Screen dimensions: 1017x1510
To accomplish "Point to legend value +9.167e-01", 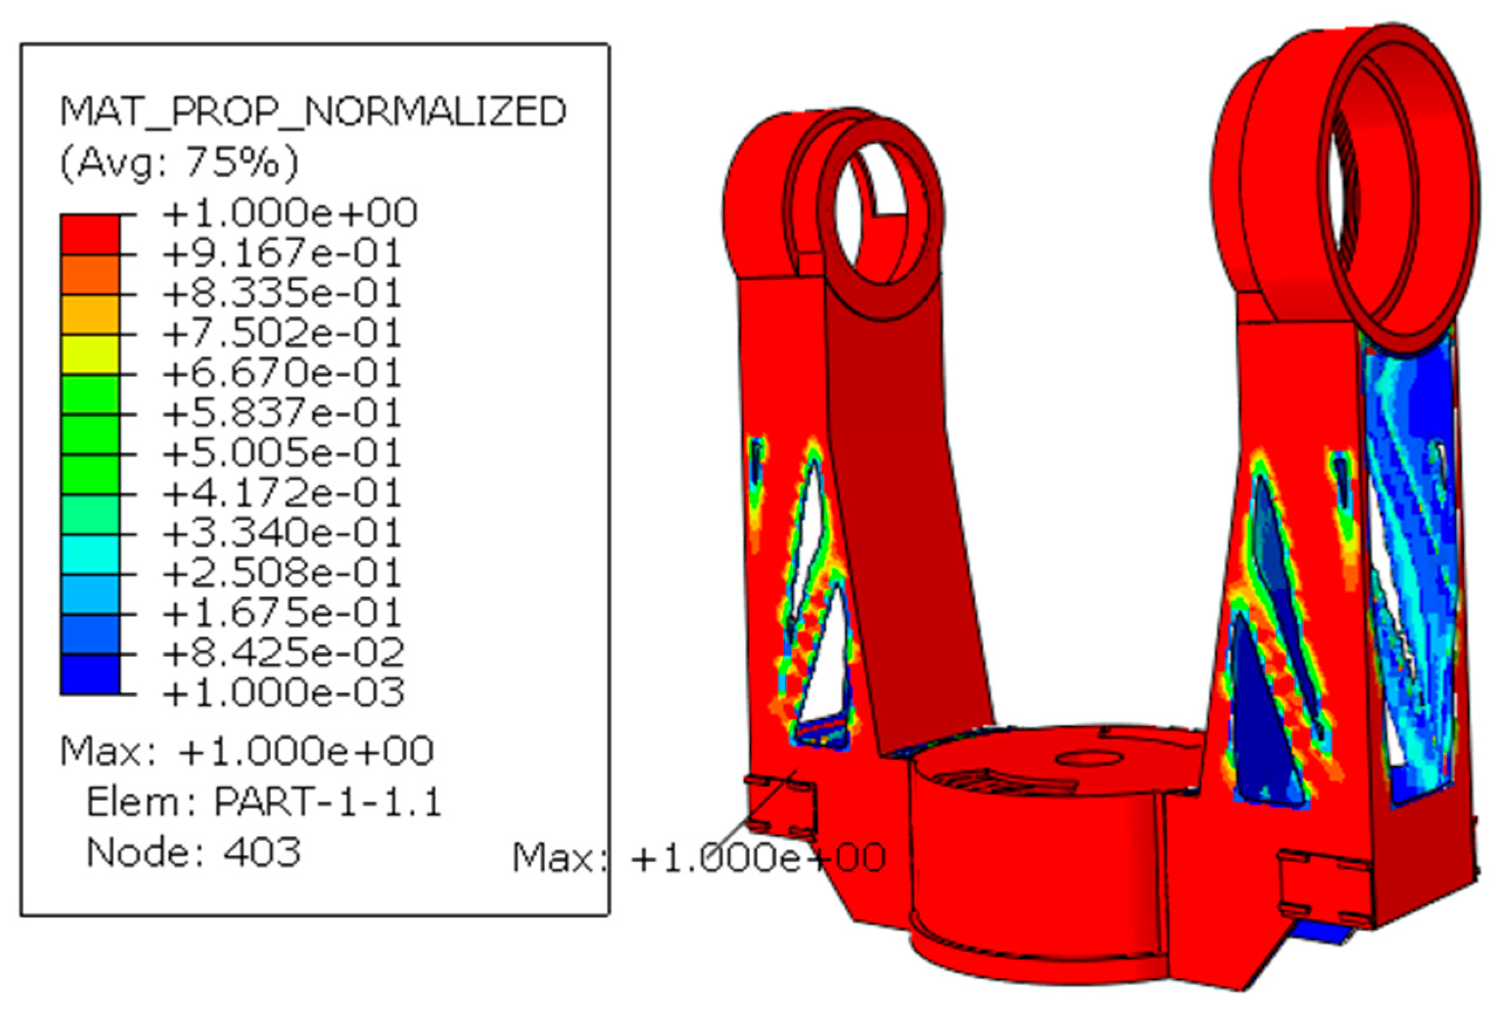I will coord(282,253).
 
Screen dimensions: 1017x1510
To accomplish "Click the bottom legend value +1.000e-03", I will coord(283,693).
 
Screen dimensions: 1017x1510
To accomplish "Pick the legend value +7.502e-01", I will coord(282,333).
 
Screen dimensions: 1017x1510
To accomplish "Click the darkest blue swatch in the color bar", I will coord(90,674).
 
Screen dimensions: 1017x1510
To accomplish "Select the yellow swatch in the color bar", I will coord(90,354).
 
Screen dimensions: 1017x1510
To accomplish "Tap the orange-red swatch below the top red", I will coord(90,275).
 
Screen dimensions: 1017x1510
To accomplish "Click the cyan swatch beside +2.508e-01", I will coord(90,554).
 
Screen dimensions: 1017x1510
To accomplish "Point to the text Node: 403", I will coord(193,852).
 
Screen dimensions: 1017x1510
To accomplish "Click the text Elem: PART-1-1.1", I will coord(264,802).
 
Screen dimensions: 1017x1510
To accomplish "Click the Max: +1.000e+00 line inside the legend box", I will coord(246,751).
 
